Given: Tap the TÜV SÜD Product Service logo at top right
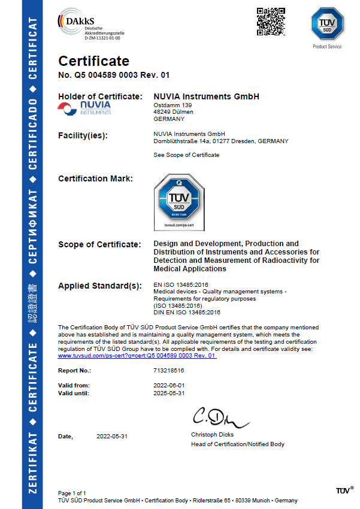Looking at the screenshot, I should coord(326,25).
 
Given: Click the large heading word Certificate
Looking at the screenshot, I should coord(93,61).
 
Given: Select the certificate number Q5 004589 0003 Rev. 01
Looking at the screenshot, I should coord(114,75).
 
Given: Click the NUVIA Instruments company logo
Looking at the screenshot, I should coord(84,107).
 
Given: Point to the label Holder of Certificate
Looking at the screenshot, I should coord(100,96).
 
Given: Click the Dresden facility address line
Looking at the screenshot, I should coord(221,141).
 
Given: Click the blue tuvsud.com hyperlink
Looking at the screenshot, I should coord(137,356).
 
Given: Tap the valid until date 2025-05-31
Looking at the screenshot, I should coord(170,393).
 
